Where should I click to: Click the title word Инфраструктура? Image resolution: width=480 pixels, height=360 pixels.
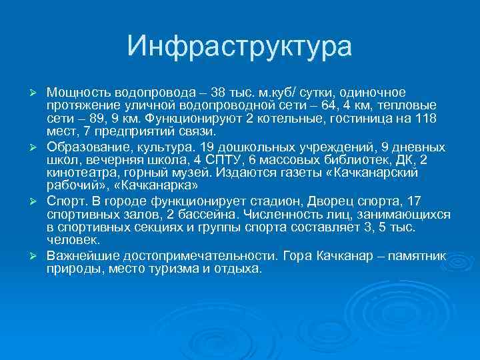(x=239, y=47)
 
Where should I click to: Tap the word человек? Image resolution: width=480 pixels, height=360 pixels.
(x=73, y=241)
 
